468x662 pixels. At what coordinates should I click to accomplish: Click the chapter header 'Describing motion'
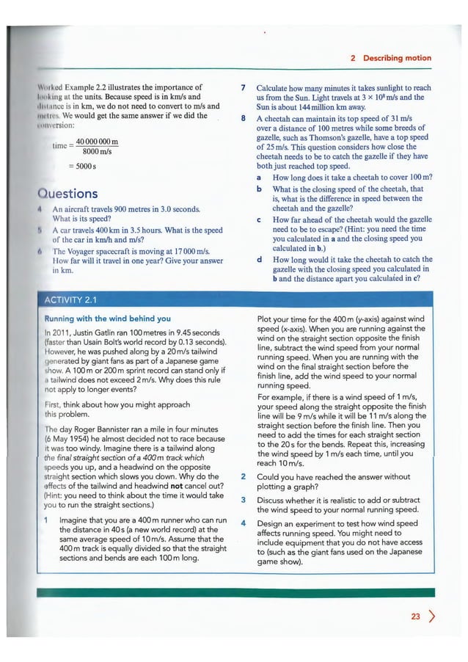(x=398, y=58)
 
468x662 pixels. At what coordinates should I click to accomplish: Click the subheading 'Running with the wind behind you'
(x=108, y=319)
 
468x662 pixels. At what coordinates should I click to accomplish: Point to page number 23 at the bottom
(x=416, y=617)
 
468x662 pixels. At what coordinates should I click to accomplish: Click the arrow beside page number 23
(x=431, y=617)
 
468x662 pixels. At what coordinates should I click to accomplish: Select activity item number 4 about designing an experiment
(x=243, y=524)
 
